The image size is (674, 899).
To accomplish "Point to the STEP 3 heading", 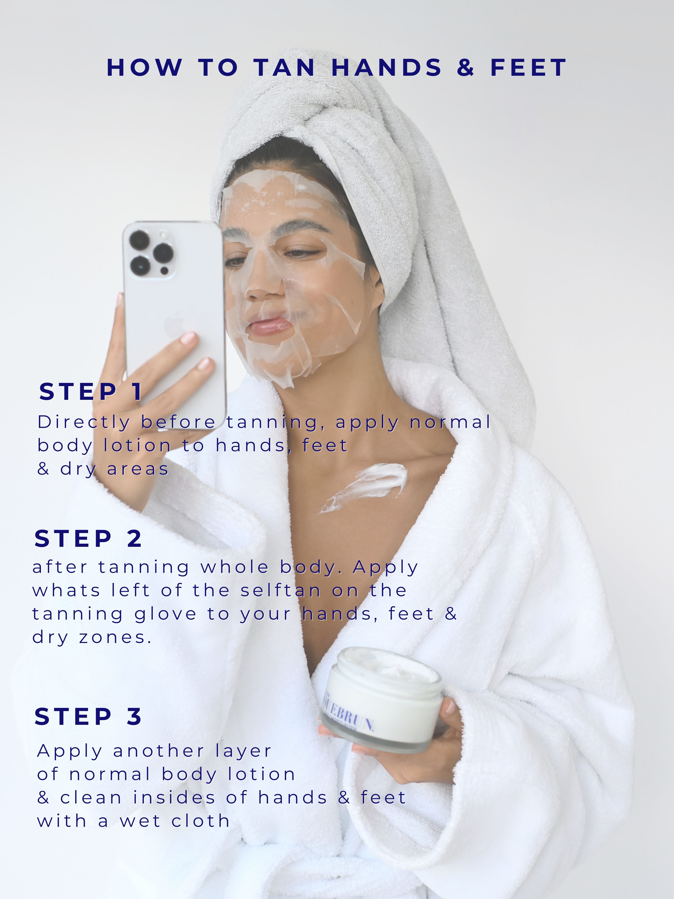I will pyautogui.click(x=88, y=716).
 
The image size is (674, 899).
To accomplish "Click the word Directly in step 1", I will pyautogui.click(x=83, y=423).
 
